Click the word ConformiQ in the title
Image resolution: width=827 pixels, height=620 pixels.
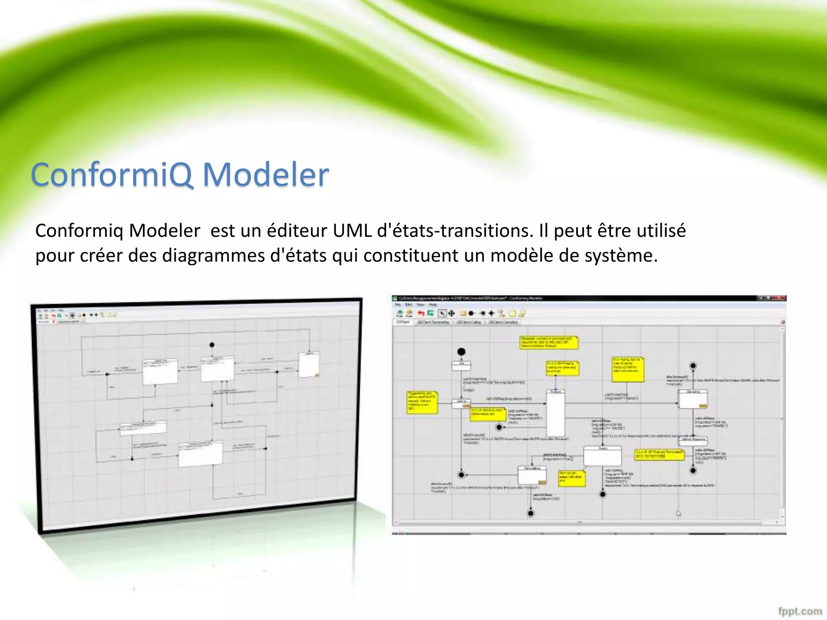(x=111, y=175)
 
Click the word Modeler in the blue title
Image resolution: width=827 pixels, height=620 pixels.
(x=266, y=175)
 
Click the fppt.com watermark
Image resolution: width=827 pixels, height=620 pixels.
(x=800, y=611)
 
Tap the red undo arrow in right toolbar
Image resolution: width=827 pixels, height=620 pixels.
(x=421, y=313)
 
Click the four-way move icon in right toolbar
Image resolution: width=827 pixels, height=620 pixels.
(x=451, y=313)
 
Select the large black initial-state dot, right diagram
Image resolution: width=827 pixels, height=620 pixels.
(x=461, y=352)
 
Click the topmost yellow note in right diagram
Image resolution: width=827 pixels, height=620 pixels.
(x=549, y=342)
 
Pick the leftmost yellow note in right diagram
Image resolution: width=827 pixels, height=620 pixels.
(x=422, y=402)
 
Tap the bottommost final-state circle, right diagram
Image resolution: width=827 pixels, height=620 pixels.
(x=531, y=513)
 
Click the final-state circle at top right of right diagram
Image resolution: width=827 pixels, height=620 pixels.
(x=693, y=366)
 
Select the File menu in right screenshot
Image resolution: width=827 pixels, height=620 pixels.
(x=398, y=305)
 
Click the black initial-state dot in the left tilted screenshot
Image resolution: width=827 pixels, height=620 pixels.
(x=212, y=345)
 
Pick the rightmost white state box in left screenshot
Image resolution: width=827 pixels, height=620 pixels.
(x=309, y=364)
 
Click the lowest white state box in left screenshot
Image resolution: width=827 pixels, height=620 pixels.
(x=201, y=454)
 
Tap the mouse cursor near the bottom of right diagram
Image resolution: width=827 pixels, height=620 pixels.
(x=679, y=513)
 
